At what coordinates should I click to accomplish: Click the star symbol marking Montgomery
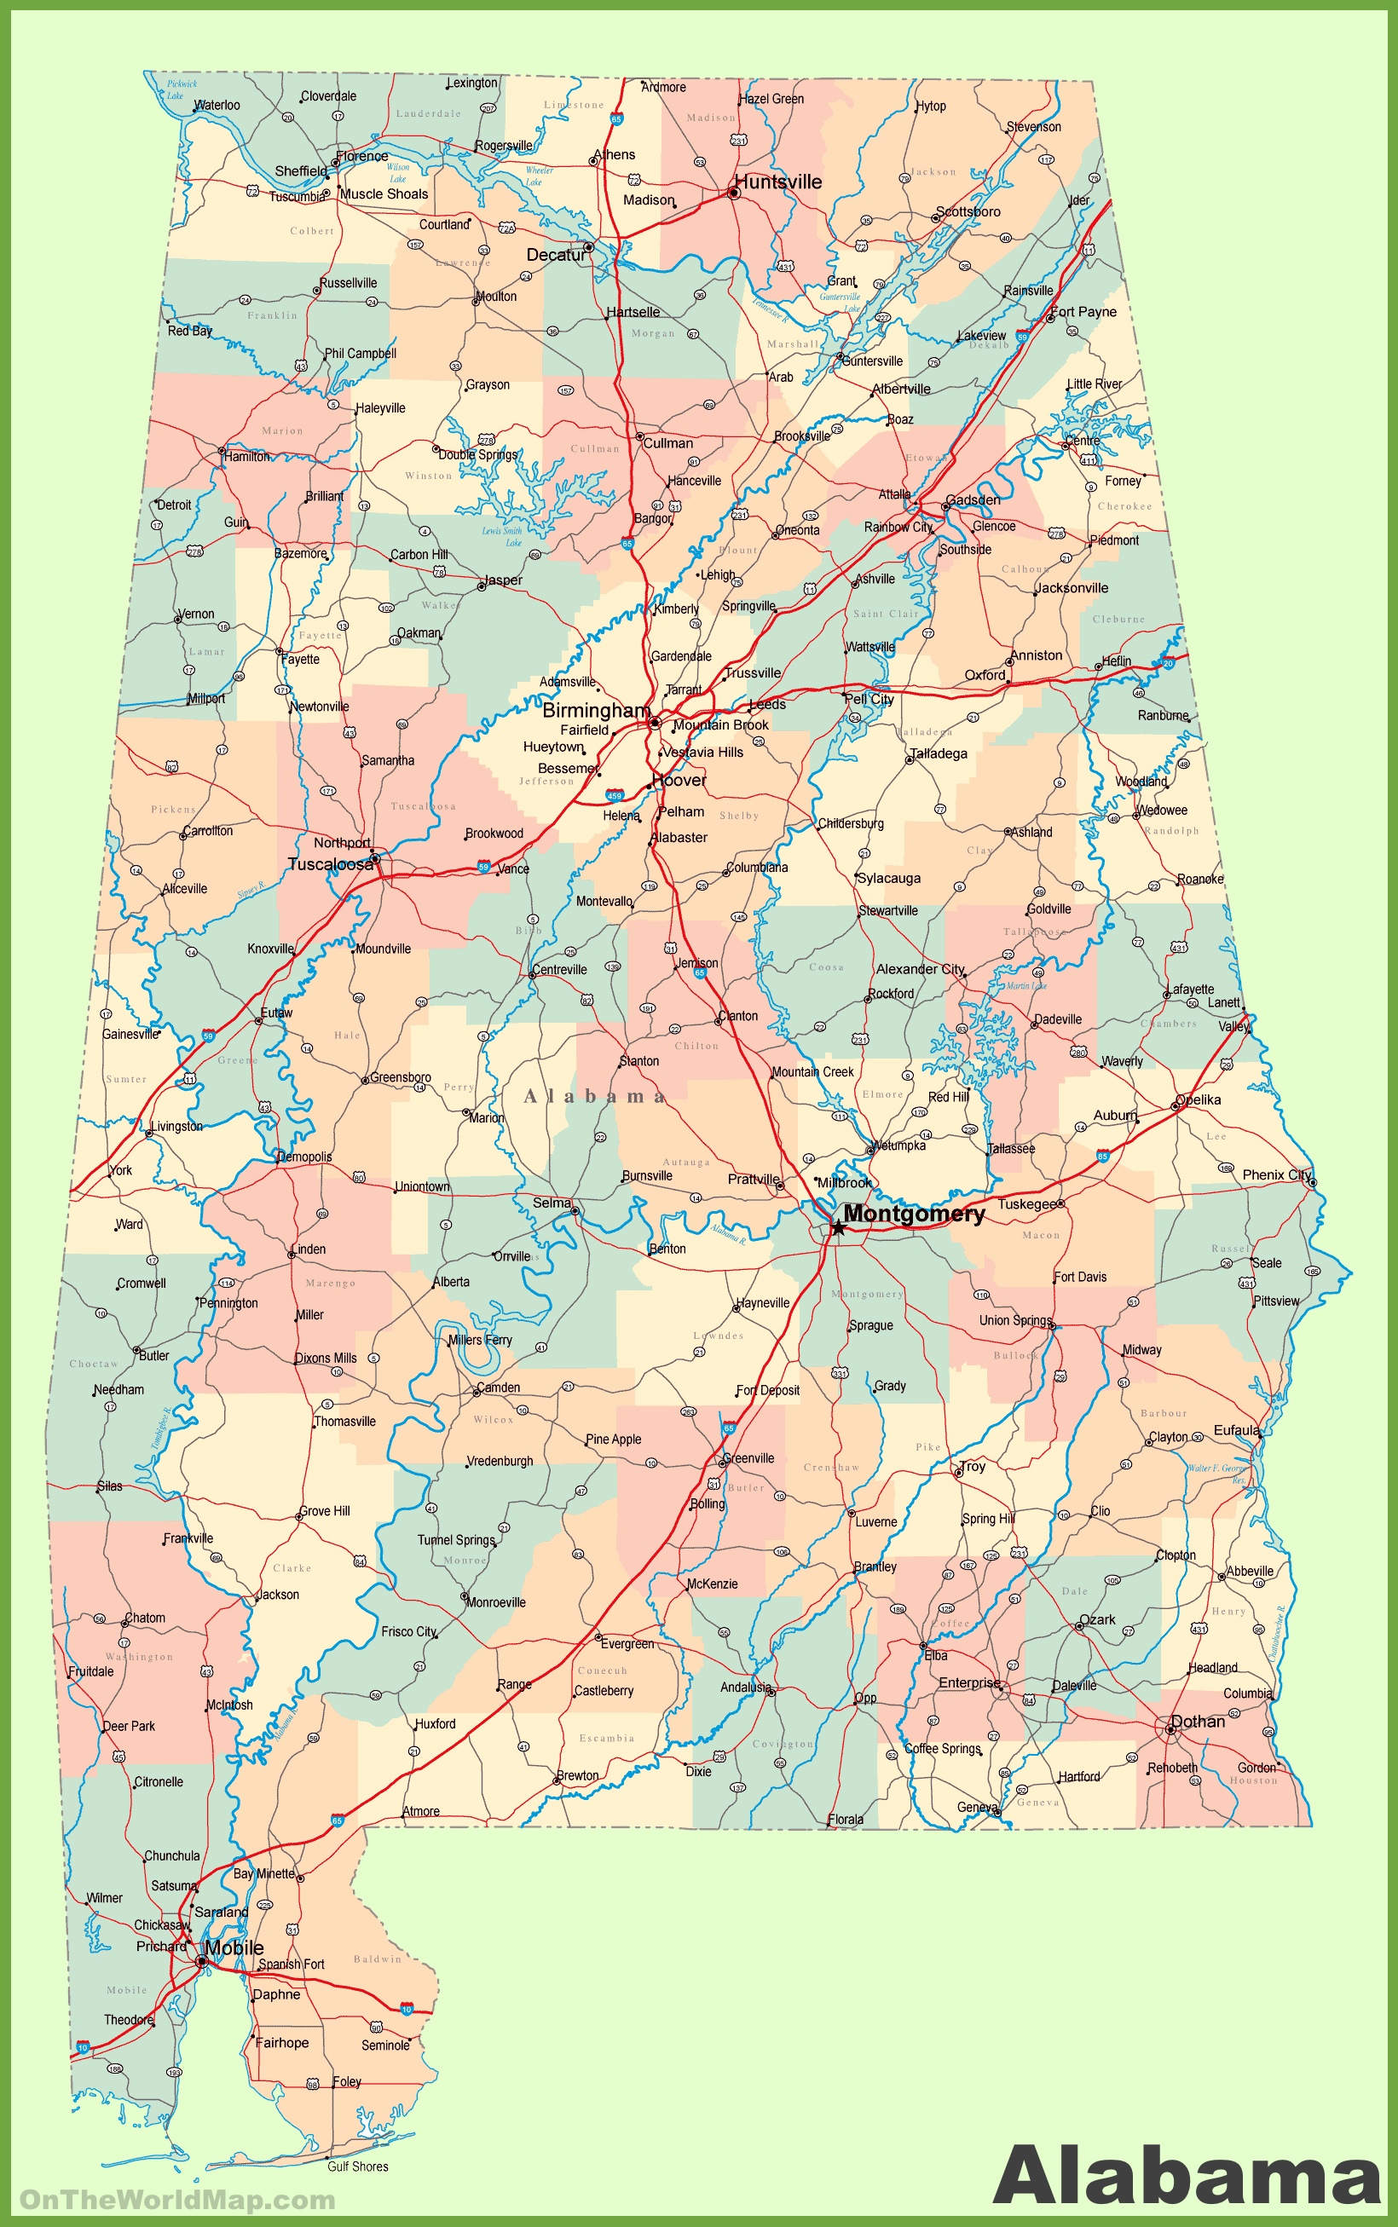point(838,1227)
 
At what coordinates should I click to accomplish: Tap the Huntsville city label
point(777,182)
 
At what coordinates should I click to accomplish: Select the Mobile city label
point(234,1947)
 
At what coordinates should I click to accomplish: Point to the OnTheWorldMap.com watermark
point(177,2201)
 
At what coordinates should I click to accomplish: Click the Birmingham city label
point(596,710)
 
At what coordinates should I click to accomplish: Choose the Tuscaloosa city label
point(330,863)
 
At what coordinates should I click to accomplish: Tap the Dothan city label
point(1198,1722)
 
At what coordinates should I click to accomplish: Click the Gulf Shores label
point(358,2166)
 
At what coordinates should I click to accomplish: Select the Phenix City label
point(1277,1175)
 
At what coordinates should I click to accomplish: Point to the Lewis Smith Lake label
point(502,536)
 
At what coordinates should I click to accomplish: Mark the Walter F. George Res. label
point(1216,1474)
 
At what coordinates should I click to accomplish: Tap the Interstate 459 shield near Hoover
point(615,795)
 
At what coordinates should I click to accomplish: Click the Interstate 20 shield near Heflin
point(1168,664)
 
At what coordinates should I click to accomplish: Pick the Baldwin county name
point(378,1959)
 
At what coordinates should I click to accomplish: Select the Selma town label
point(552,1203)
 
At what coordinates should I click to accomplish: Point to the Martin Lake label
point(1026,985)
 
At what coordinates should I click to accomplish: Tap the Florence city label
point(361,155)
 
